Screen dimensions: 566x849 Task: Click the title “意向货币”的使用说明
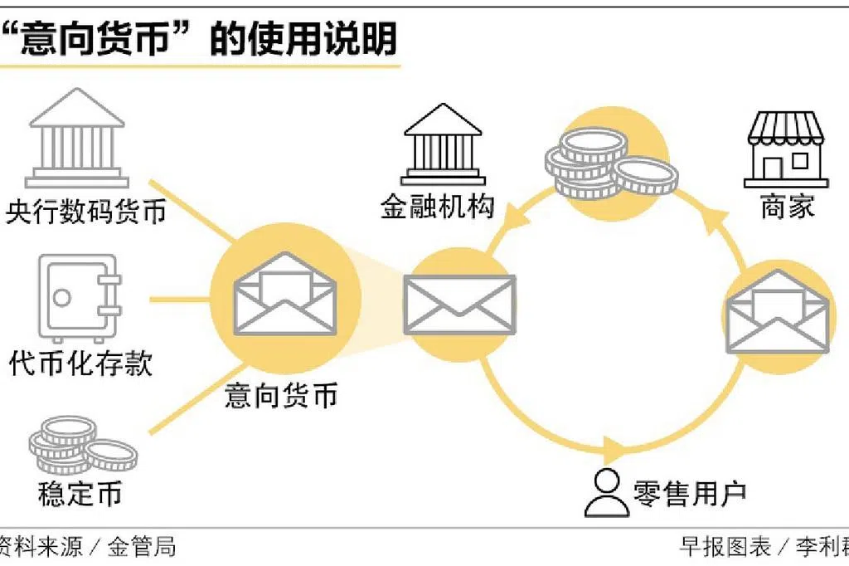point(199,38)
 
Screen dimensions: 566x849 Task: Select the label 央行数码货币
point(85,212)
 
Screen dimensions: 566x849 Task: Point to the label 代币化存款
point(81,363)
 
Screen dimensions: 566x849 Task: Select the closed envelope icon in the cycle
point(458,304)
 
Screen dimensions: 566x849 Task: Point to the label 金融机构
point(436,206)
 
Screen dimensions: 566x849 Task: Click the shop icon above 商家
point(784,149)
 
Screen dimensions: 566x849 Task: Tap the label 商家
point(787,207)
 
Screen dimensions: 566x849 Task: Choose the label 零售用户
point(689,492)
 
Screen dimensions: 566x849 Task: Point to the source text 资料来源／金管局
point(87,547)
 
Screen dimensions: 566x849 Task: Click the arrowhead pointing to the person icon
point(614,452)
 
